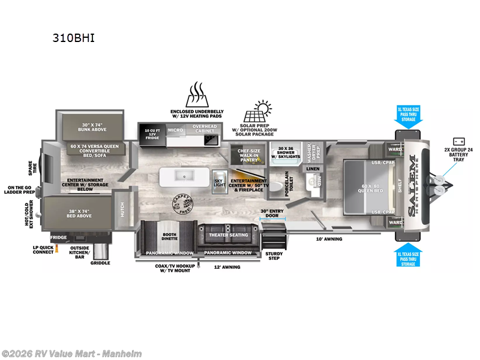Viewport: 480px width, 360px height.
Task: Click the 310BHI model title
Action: (74, 38)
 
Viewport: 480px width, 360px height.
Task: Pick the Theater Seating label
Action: (228, 235)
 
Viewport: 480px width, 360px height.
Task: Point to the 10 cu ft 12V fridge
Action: (152, 133)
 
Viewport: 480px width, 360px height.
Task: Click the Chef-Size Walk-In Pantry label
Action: (246, 155)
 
